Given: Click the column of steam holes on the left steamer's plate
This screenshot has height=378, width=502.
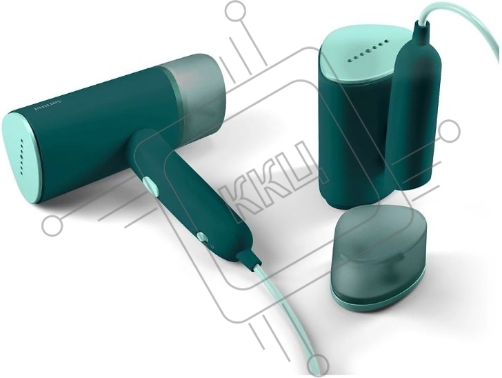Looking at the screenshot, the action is click(x=22, y=157).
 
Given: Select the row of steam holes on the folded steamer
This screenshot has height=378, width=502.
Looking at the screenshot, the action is click(x=368, y=51).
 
